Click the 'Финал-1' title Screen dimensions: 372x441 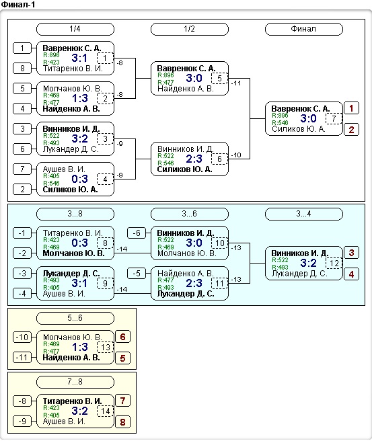coord(17,5)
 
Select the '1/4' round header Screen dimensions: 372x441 coord(75,29)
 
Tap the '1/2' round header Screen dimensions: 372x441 coord(190,29)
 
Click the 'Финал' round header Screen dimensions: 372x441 coord(303,29)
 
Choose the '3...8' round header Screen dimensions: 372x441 coord(75,214)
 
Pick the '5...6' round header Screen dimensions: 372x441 coord(75,318)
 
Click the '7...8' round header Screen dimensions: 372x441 coord(75,382)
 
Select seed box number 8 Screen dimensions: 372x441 coord(22,69)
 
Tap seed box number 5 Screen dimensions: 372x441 coord(22,89)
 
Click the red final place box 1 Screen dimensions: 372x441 coord(351,108)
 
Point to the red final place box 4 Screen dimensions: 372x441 coord(351,274)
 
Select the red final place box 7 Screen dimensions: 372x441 coord(122,401)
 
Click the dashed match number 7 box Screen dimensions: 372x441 coord(334,118)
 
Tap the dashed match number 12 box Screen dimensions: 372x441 coord(334,264)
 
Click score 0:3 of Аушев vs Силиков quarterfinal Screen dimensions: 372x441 coord(79,179)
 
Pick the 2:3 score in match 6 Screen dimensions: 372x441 coord(194,159)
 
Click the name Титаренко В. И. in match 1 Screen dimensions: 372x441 coord(73,69)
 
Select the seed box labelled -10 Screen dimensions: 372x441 coord(22,337)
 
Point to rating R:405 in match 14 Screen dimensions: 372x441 coord(52,415)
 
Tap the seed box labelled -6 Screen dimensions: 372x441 coord(137,233)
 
